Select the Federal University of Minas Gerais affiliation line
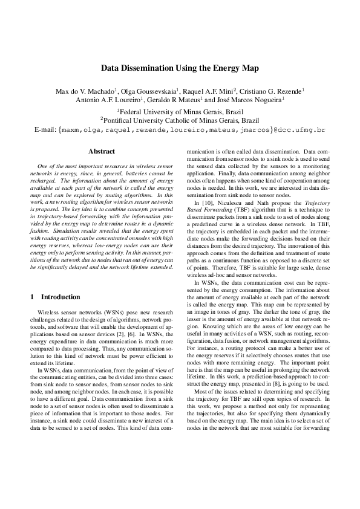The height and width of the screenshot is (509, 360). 180,112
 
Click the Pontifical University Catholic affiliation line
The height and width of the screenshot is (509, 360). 180,120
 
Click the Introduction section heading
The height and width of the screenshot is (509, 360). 60,297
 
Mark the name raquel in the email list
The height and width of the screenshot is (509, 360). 123,129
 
